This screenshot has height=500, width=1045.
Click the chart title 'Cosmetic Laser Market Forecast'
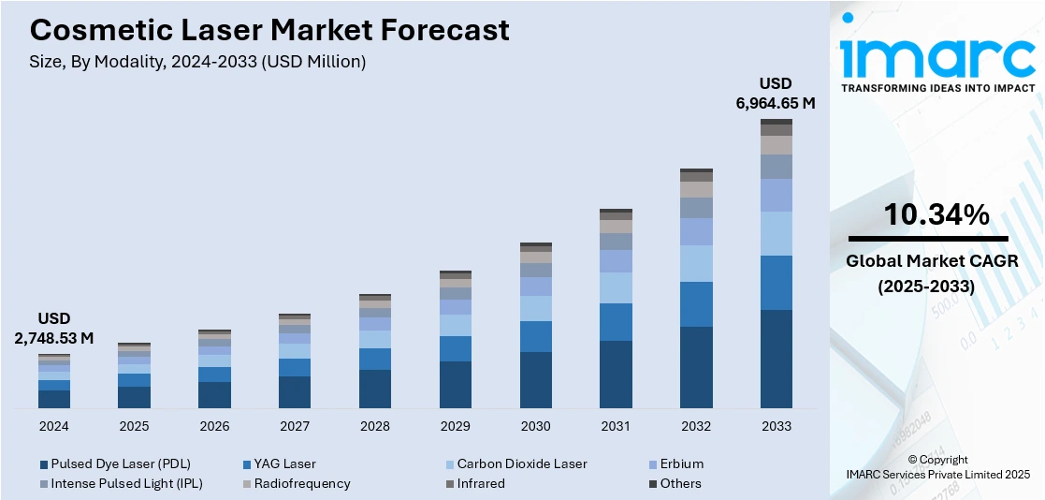click(x=269, y=30)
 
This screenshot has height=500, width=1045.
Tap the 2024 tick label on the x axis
click(x=54, y=426)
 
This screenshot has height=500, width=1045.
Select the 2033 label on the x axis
click(x=776, y=426)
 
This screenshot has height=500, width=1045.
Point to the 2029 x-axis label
click(x=455, y=426)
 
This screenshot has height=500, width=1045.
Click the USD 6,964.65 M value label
click(x=776, y=93)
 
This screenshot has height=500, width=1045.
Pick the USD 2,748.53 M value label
click(x=54, y=329)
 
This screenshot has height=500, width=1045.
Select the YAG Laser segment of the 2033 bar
click(x=776, y=282)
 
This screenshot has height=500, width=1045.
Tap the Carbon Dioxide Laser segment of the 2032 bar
click(x=695, y=263)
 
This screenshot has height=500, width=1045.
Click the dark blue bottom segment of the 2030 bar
click(x=535, y=380)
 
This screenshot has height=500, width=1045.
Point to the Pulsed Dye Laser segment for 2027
click(x=295, y=392)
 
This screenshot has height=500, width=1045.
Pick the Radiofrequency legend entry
click(x=296, y=483)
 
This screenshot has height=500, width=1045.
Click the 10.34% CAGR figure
click(x=936, y=215)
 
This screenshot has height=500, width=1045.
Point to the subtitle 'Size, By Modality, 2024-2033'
click(x=197, y=62)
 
